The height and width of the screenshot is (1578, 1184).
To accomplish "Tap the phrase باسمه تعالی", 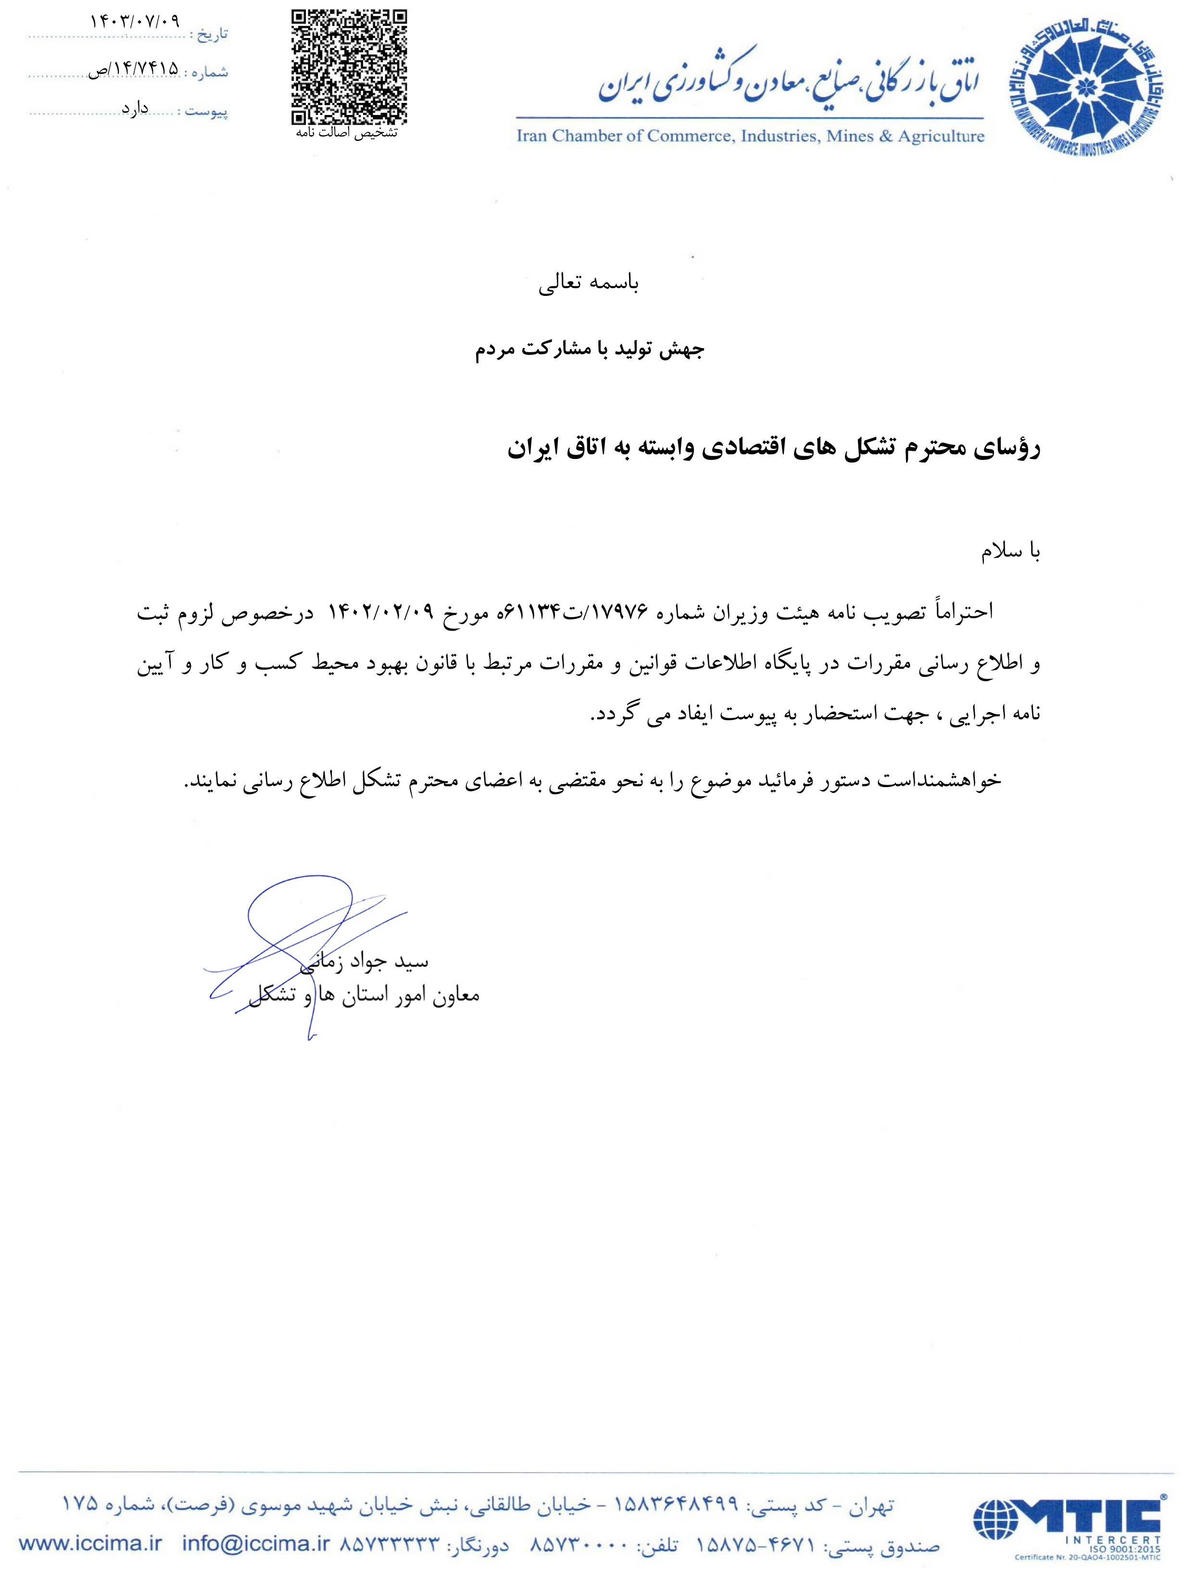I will click(589, 283).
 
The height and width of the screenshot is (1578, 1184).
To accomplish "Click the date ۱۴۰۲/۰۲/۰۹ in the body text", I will click(380, 612).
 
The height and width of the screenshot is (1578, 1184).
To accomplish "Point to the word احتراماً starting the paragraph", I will click(963, 612).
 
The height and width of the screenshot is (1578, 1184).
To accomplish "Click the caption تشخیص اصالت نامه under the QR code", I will click(347, 133).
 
